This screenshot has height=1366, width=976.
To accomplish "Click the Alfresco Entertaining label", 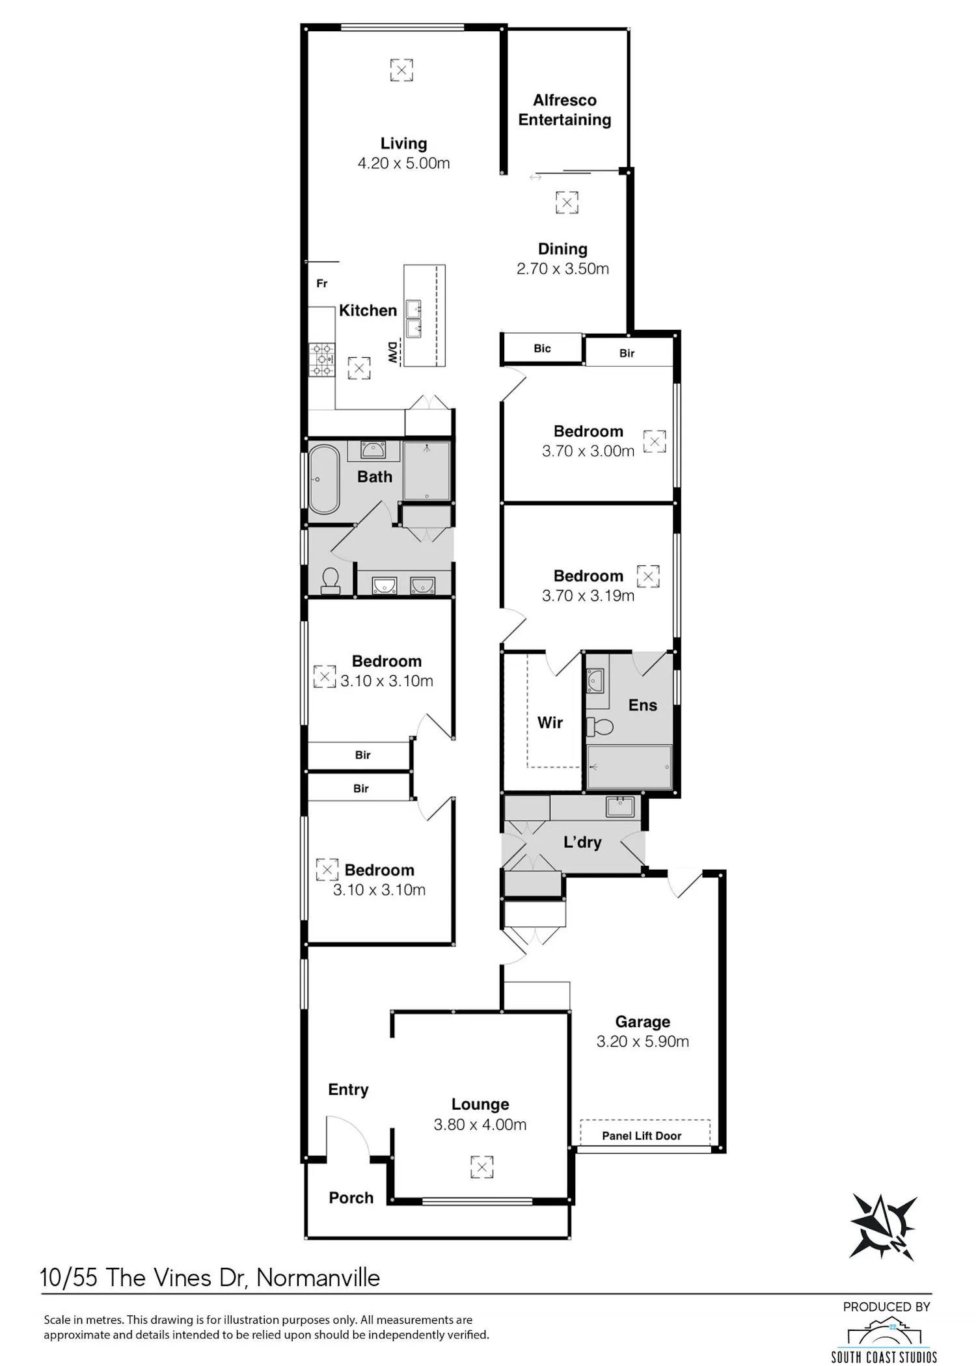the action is pyautogui.click(x=564, y=110).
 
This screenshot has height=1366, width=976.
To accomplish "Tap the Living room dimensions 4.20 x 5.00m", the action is pyautogui.click(x=403, y=163).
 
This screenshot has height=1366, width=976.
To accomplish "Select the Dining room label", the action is pyautogui.click(x=563, y=249).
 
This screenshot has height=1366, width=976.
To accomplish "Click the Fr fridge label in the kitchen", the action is pyautogui.click(x=322, y=284).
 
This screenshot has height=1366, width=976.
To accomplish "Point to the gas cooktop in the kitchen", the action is pyautogui.click(x=321, y=360).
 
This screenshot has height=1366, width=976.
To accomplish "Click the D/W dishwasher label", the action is pyautogui.click(x=392, y=353).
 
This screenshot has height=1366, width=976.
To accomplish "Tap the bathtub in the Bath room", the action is pyautogui.click(x=323, y=479).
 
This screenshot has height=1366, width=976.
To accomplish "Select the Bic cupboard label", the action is pyautogui.click(x=542, y=349).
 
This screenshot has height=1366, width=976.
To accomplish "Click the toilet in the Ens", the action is pyautogui.click(x=600, y=726).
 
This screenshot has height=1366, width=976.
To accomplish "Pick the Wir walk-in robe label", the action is pyautogui.click(x=550, y=723).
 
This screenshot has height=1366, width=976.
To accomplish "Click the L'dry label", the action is pyautogui.click(x=582, y=842).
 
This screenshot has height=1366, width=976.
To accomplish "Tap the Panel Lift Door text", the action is pyautogui.click(x=642, y=1136).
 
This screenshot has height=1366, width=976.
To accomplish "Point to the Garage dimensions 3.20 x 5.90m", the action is pyautogui.click(x=643, y=1041).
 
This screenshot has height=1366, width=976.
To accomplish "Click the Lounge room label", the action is pyautogui.click(x=480, y=1104).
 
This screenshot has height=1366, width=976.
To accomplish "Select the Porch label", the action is pyautogui.click(x=351, y=1198).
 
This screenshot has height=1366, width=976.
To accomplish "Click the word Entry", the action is pyautogui.click(x=348, y=1090).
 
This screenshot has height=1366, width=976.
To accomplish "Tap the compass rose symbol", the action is pyautogui.click(x=883, y=1227).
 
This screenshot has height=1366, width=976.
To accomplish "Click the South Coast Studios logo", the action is pyautogui.click(x=884, y=1339).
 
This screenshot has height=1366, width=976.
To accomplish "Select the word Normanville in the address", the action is pyautogui.click(x=318, y=1278).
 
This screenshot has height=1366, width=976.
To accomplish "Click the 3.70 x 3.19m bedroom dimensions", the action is pyautogui.click(x=588, y=596).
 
